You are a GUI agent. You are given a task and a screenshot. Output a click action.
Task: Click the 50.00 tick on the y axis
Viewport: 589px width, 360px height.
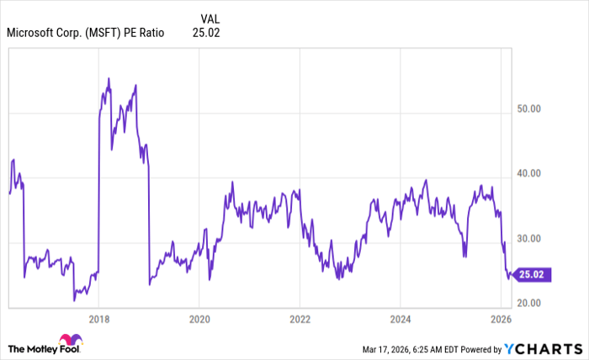pyautogui.click(x=530, y=109)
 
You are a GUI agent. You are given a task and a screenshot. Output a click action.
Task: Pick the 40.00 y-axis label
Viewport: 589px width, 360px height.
pyautogui.click(x=530, y=173)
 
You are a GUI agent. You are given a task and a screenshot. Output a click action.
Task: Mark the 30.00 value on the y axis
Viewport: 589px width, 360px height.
pyautogui.click(x=530, y=239)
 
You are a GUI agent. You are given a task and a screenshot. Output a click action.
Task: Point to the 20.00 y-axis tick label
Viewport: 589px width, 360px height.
pyautogui.click(x=530, y=303)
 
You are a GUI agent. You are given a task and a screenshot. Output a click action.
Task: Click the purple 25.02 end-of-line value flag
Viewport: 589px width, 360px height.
pyautogui.click(x=533, y=274)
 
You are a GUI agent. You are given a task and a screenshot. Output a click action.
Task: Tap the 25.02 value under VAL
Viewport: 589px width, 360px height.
pyautogui.click(x=206, y=34)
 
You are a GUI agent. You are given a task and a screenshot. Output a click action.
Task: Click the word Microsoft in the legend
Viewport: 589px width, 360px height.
pyautogui.click(x=33, y=34)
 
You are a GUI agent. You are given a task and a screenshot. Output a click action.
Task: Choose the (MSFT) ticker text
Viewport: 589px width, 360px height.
pyautogui.click(x=103, y=34)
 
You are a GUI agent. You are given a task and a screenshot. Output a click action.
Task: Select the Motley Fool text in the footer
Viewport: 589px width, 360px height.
pyautogui.click(x=64, y=348)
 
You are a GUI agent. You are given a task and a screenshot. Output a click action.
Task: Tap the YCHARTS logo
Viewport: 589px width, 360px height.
pyautogui.click(x=543, y=348)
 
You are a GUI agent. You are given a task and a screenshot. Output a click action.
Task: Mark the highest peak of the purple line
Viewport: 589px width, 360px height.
pyautogui.click(x=109, y=78)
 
